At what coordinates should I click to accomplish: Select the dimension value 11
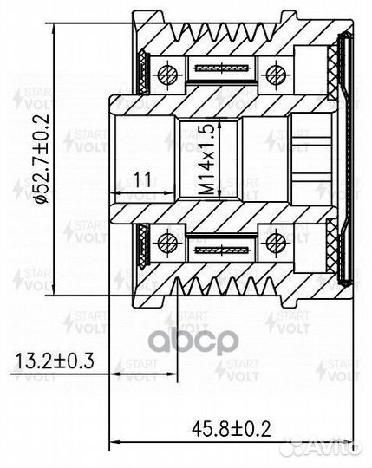[x=143, y=180]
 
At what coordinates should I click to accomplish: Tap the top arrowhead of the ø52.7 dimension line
[x=57, y=18]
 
